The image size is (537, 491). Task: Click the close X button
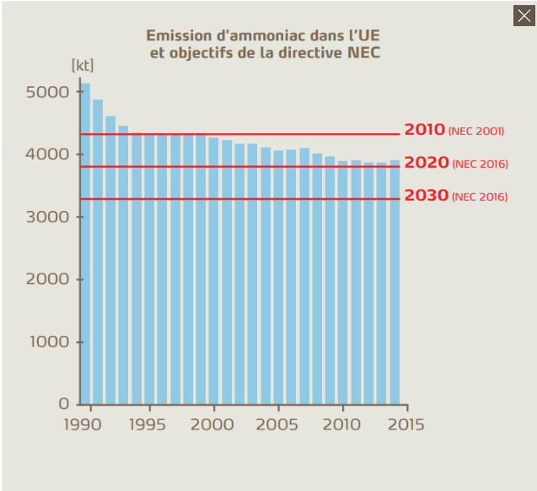(524, 15)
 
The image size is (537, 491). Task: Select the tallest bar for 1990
(84, 245)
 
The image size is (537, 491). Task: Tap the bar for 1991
(98, 253)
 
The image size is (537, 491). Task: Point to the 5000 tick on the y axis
(48, 92)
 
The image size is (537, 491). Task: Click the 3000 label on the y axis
(48, 217)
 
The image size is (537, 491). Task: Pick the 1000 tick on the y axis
(48, 342)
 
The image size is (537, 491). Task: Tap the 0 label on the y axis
(63, 404)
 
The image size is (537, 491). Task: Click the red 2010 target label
(424, 130)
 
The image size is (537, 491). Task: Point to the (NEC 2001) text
(476, 132)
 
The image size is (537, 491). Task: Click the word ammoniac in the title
(250, 35)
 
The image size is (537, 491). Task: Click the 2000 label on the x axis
(213, 424)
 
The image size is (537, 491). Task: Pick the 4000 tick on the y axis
(48, 154)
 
